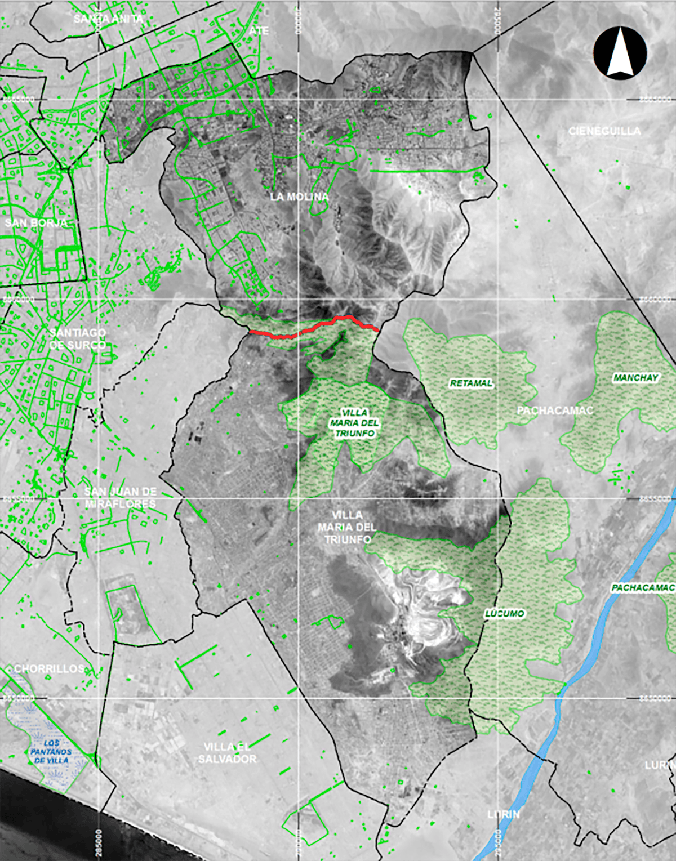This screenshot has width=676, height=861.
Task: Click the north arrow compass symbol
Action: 620,52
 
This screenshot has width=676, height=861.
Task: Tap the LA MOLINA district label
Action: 299,197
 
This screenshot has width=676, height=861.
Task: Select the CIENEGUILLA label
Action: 604,131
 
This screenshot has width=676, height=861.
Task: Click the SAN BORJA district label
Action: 35,223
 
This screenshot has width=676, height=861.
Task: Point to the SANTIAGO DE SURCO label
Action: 77,338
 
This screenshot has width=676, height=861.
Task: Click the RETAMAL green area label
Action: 471,383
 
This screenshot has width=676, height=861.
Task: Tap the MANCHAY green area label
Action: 635,378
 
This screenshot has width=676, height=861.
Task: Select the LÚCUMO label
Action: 504,613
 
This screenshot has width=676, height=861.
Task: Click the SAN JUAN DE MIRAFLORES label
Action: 120,498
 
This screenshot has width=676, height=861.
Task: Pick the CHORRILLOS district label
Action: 49,669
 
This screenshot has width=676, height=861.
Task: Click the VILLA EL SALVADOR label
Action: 227,752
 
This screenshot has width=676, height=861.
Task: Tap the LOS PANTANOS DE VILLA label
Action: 51,752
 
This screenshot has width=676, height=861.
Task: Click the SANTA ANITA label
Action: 108,19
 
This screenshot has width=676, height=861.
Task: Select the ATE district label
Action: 259,30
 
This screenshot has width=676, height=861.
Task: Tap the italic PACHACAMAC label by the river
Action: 643,588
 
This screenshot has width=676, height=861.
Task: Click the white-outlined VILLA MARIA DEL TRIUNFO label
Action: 355,423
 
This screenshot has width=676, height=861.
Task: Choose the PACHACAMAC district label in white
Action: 555,411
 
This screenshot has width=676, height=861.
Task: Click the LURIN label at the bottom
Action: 503,814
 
